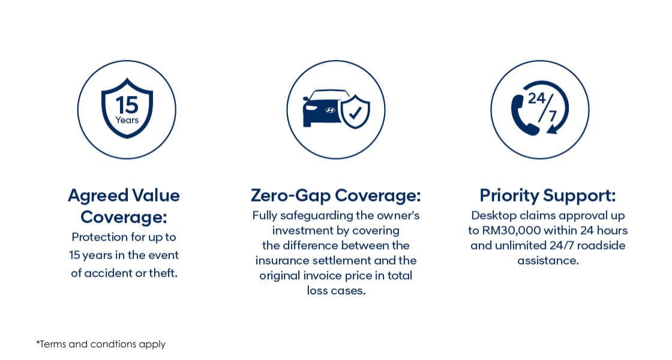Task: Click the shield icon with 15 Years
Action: (x=127, y=109)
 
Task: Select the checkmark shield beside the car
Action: (x=355, y=112)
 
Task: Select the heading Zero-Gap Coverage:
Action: (x=335, y=195)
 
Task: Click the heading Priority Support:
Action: (x=547, y=195)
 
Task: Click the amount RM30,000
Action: (x=509, y=230)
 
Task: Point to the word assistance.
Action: (x=548, y=260)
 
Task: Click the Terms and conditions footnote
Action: (x=101, y=344)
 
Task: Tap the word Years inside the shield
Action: (x=127, y=120)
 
